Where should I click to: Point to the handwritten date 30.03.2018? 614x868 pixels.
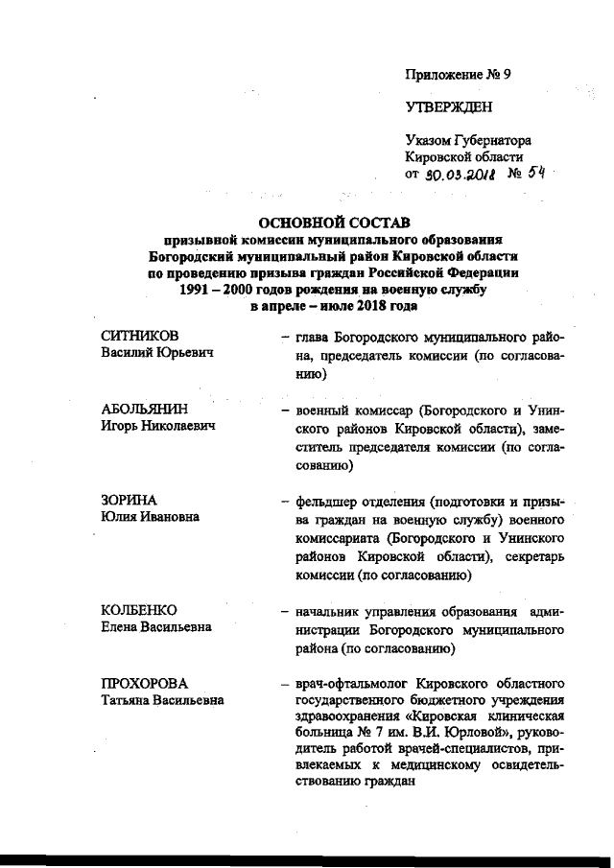click(464, 175)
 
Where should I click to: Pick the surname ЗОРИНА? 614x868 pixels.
click(129, 501)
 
